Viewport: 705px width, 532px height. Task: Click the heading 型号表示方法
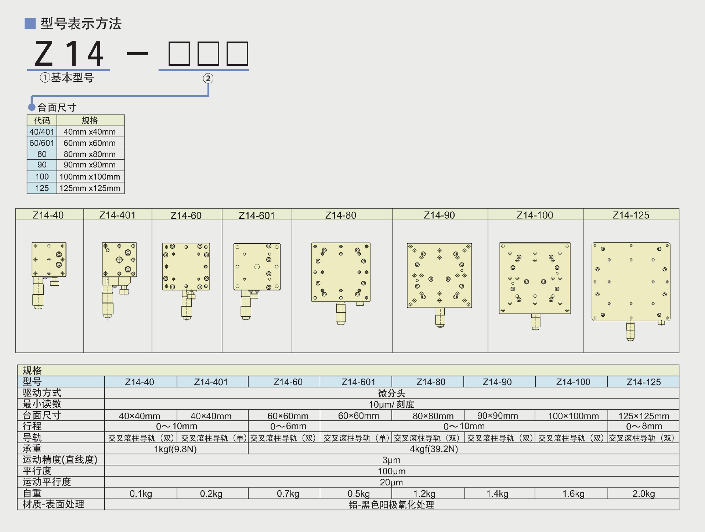pyautogui.click(x=81, y=23)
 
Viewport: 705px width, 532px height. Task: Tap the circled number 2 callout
pyautogui.click(x=208, y=78)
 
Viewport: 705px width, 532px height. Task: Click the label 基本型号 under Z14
pyautogui.click(x=72, y=77)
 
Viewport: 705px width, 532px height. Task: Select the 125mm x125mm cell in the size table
pyautogui.click(x=90, y=188)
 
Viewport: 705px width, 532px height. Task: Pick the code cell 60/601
pyautogui.click(x=42, y=143)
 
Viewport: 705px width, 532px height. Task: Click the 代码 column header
pyautogui.click(x=42, y=120)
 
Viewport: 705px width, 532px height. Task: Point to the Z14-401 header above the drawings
pyautogui.click(x=117, y=215)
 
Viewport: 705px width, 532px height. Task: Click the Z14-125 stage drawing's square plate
pyautogui.click(x=631, y=282)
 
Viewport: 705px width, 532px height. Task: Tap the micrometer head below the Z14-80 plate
pyautogui.click(x=341, y=313)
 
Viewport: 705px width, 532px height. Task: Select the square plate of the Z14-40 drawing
pyautogui.click(x=49, y=260)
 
